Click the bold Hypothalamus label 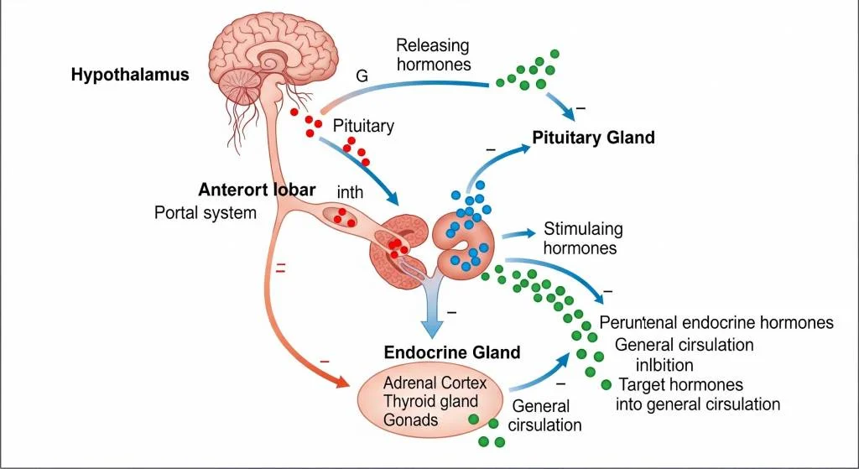(x=130, y=75)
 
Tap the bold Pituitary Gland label (x=593, y=138)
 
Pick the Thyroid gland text (x=430, y=401)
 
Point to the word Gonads (x=410, y=419)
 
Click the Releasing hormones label (x=433, y=54)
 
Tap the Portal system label (x=206, y=212)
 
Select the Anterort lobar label (x=257, y=190)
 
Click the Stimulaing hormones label (x=583, y=238)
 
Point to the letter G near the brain (x=362, y=76)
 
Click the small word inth (x=350, y=192)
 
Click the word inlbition (x=665, y=365)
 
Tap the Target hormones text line (x=680, y=385)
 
